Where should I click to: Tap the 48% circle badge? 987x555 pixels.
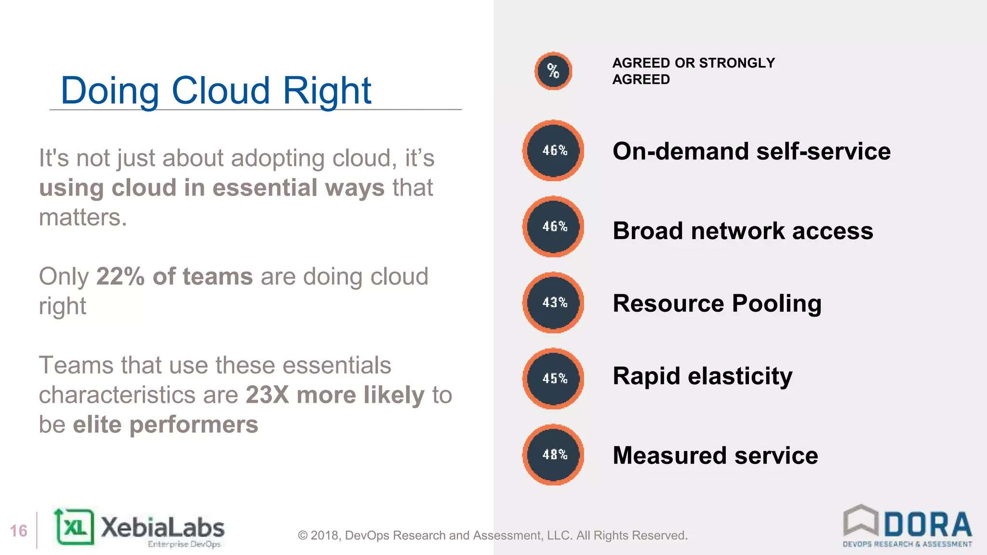553,454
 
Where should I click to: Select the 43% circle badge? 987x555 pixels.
553,303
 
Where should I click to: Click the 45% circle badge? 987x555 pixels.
553,379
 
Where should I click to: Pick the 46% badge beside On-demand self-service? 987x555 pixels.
553,150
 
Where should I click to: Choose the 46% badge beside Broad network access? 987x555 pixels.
553,226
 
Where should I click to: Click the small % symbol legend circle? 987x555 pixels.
553,71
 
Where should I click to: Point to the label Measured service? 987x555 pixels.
715,455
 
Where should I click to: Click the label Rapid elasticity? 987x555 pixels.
702,376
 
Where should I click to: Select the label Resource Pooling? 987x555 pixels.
717,304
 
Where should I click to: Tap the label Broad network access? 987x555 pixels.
743,231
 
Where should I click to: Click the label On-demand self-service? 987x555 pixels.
751,151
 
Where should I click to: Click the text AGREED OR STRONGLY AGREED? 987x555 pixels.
693,71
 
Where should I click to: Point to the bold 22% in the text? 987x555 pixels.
120,277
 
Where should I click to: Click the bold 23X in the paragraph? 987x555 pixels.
267,395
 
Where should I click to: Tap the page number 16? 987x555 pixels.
19,531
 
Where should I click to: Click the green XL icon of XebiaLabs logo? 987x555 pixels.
75,527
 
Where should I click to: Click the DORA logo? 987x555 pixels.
907,526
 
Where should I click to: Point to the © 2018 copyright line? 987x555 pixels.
493,535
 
